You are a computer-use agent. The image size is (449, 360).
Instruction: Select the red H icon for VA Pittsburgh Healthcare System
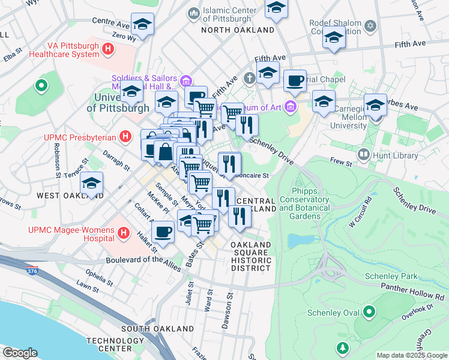[108, 49]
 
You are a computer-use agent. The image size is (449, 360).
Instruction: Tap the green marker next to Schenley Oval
[369, 312]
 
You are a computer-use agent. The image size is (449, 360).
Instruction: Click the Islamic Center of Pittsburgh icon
[193, 12]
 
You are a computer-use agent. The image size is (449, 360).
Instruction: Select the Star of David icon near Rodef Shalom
[370, 26]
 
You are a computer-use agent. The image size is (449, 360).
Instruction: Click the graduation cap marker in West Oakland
[92, 182]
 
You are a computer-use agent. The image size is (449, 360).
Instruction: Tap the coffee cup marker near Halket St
[163, 231]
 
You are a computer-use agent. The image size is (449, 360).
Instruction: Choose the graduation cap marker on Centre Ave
[142, 24]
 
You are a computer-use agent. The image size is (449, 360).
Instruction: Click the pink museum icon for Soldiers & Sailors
[185, 80]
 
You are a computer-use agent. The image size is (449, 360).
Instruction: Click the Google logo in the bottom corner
[20, 352]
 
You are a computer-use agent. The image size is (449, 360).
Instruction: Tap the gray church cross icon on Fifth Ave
[250, 77]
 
